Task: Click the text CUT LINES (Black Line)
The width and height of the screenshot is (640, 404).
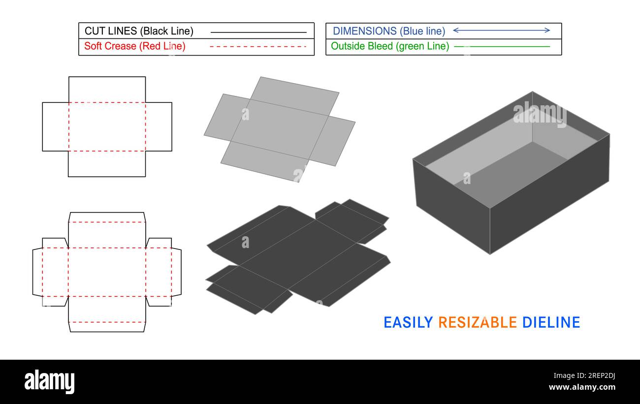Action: click(x=139, y=31)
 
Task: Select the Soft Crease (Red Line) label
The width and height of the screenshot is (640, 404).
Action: click(x=134, y=46)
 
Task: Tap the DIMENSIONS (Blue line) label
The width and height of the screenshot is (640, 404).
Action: click(x=389, y=31)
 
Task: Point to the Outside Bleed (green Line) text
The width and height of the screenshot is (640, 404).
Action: click(x=390, y=46)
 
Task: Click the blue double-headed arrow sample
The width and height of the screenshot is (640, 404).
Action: click(x=501, y=31)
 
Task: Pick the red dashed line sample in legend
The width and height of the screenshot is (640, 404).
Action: click(x=258, y=47)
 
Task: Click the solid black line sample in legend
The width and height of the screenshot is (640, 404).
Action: click(x=258, y=32)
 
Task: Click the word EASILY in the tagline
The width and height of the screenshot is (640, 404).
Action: click(x=408, y=322)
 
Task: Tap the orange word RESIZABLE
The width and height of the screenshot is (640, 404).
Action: click(x=477, y=322)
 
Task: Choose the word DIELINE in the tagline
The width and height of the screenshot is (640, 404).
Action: click(x=551, y=322)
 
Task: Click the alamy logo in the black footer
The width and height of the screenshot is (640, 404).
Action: click(x=50, y=382)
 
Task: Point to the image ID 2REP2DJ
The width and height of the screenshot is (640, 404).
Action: click(x=598, y=376)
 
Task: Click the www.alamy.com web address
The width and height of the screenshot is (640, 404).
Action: click(x=582, y=387)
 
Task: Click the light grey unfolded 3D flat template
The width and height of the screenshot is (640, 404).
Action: click(x=280, y=129)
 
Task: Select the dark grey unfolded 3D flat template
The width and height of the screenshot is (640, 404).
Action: click(x=298, y=256)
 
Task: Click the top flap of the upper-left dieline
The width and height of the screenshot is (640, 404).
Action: click(x=107, y=90)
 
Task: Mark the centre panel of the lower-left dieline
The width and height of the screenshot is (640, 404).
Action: click(x=107, y=272)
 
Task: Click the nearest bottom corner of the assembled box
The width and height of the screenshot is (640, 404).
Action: click(x=490, y=254)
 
